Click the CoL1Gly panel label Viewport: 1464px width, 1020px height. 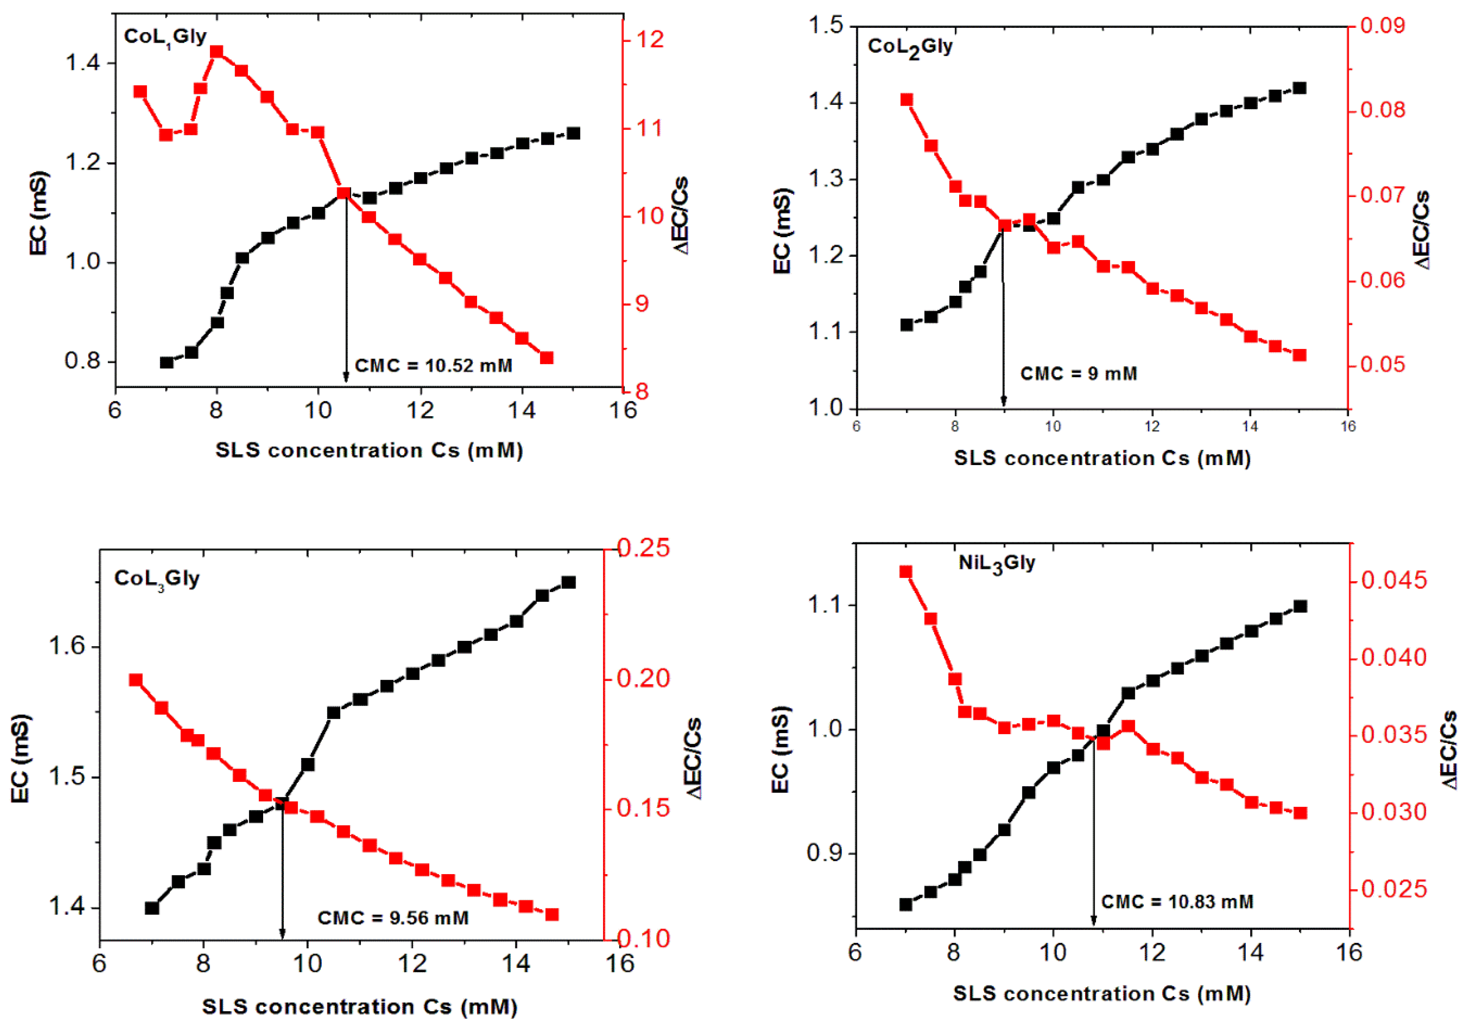[165, 37]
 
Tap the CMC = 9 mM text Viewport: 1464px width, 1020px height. [1078, 374]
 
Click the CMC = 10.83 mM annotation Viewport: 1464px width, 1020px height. [1177, 902]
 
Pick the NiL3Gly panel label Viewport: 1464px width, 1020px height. [997, 564]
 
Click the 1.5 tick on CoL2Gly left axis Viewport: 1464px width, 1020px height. [825, 25]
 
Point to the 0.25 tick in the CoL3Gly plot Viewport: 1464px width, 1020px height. [643, 548]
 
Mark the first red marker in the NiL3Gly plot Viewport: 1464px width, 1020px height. [906, 572]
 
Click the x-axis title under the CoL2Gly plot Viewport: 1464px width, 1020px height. [1102, 458]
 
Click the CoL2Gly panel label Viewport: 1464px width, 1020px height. [910, 47]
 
